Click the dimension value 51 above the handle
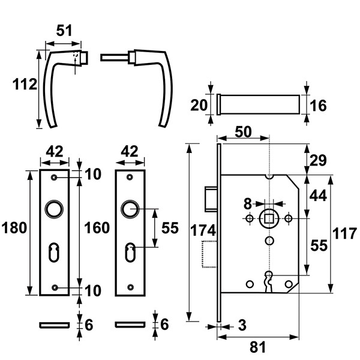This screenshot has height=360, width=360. click(x=64, y=31)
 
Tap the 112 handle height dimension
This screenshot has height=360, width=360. click(x=25, y=84)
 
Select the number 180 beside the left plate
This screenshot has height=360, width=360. click(x=14, y=228)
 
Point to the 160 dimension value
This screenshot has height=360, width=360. click(x=97, y=228)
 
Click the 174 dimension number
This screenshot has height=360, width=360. click(x=203, y=230)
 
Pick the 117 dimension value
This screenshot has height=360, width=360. click(x=344, y=233)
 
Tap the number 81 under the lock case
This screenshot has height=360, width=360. click(x=257, y=347)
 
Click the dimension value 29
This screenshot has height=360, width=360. click(x=318, y=160)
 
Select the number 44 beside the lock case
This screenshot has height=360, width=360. click(x=318, y=196)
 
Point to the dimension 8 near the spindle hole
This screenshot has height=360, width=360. click(x=247, y=204)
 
